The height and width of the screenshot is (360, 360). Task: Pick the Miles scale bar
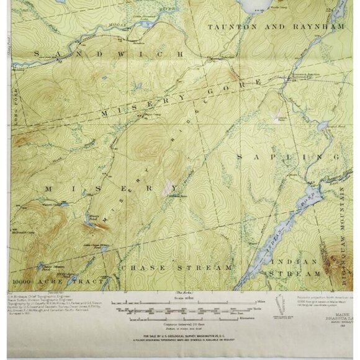[x=186, y=304]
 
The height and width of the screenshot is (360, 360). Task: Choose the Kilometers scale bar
[x=186, y=321]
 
